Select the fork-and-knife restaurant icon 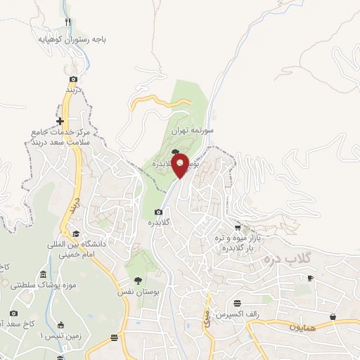point(67,22)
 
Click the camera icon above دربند point(73,79)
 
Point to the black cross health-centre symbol point(60,121)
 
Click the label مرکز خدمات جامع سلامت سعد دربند point(58,136)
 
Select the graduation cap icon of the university point(75,234)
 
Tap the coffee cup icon point(311,278)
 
